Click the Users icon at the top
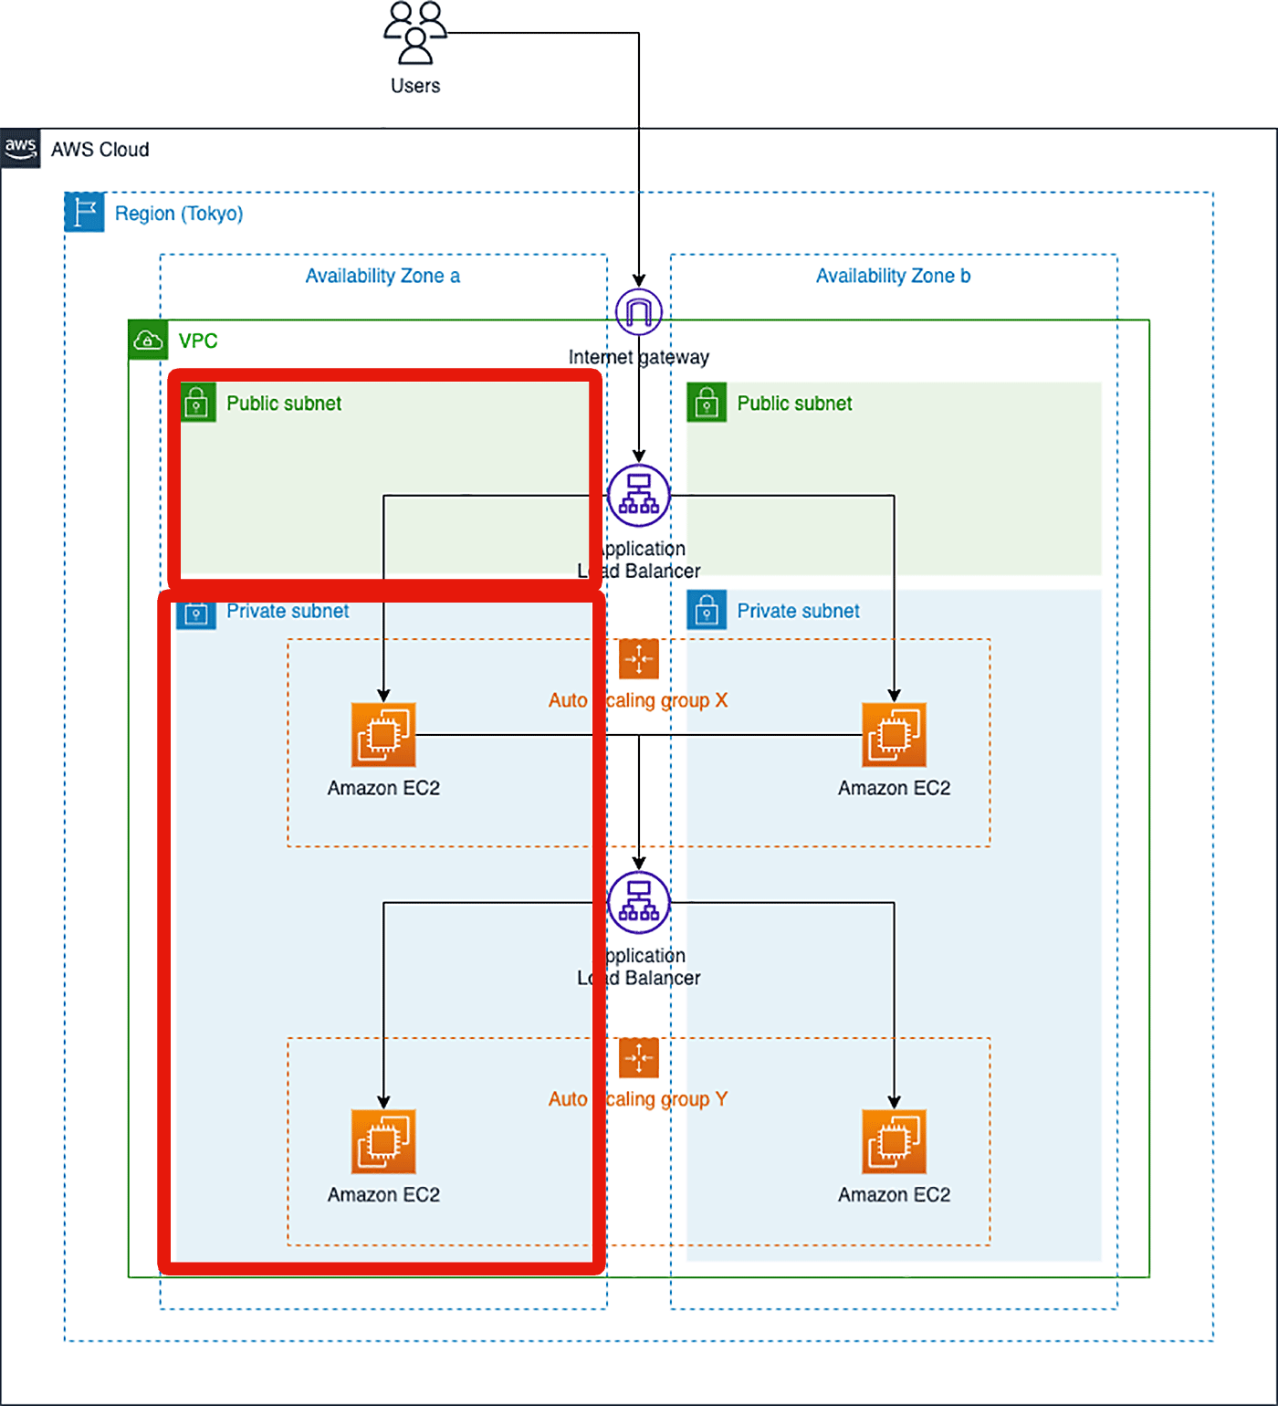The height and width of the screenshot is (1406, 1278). click(415, 33)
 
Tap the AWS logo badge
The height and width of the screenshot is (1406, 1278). click(20, 149)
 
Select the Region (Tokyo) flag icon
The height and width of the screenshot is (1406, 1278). click(85, 213)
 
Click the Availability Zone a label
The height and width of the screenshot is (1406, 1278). click(382, 276)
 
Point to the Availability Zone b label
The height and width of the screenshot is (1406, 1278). click(893, 276)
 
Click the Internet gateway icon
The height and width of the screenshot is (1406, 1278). click(639, 312)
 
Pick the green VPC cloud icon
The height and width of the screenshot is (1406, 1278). click(148, 341)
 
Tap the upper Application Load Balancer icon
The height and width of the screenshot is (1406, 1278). click(639, 496)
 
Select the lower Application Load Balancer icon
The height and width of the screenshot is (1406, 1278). click(639, 903)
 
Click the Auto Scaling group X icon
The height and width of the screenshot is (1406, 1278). click(639, 658)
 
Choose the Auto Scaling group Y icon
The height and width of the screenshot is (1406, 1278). click(639, 1058)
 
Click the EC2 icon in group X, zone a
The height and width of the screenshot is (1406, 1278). click(383, 735)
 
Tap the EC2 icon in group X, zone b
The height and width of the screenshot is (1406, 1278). click(895, 735)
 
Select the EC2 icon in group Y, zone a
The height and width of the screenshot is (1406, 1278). click(383, 1141)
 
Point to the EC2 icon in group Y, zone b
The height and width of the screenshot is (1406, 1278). click(895, 1141)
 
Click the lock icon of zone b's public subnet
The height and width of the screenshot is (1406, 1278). click(707, 403)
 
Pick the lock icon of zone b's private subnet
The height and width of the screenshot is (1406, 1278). click(707, 611)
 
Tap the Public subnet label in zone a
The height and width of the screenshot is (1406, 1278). click(284, 404)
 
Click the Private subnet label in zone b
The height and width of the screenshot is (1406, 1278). click(798, 611)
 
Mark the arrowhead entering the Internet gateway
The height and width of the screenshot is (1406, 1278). click(639, 281)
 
